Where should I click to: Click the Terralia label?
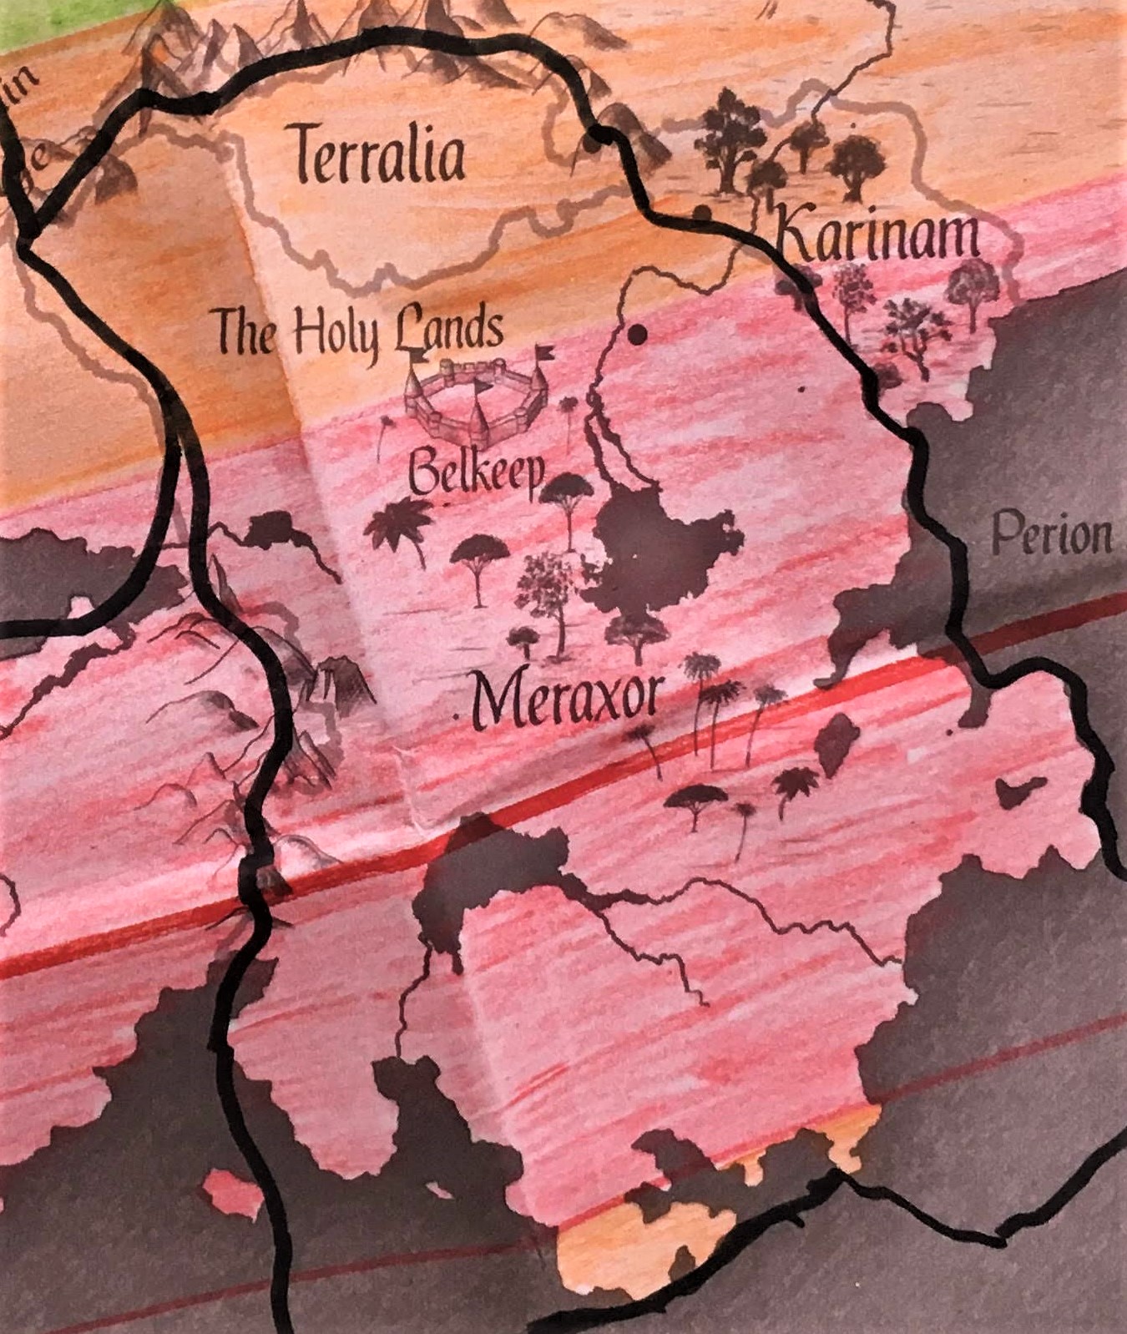379,155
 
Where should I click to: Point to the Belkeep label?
476,474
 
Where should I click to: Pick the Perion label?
1052,534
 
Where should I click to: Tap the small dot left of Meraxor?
457,717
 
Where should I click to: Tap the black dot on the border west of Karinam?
703,214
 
